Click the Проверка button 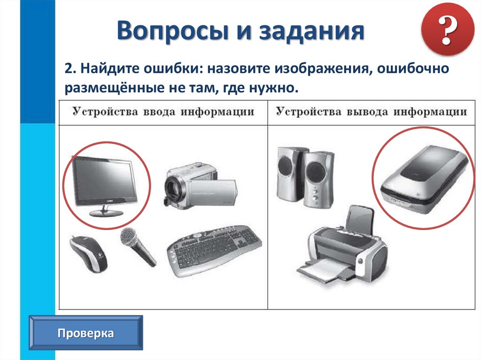pos(85,333)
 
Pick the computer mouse pos(88,253)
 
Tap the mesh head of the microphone pos(129,237)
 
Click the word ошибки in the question pos(173,69)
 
